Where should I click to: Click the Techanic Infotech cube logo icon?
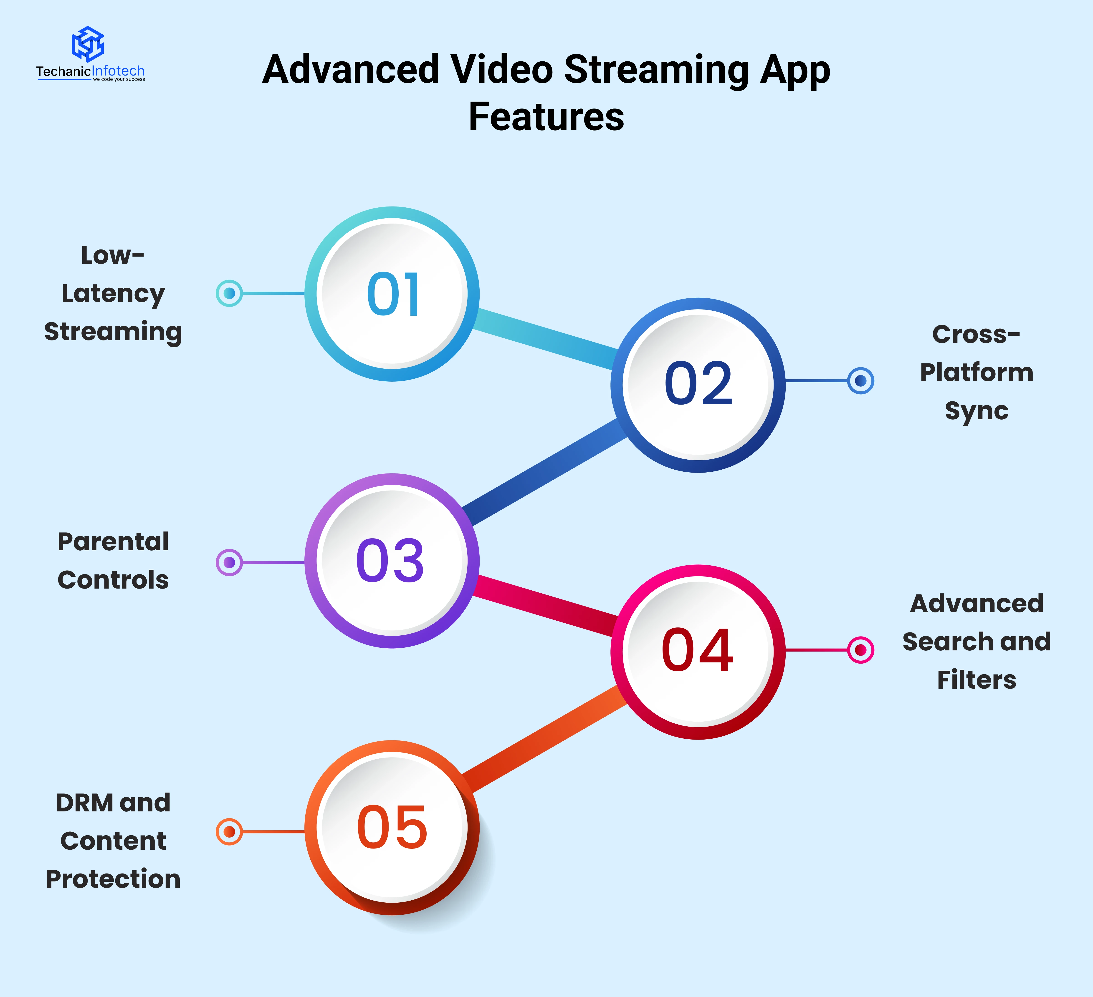pyautogui.click(x=88, y=44)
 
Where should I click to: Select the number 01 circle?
pyautogui.click(x=392, y=294)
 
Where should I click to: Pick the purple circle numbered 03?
pyautogui.click(x=392, y=561)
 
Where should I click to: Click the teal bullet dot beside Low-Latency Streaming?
pyautogui.click(x=229, y=293)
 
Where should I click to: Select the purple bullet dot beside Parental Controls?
pyautogui.click(x=229, y=562)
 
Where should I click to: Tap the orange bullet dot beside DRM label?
pyautogui.click(x=229, y=831)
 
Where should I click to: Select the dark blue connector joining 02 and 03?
pyautogui.click(x=545, y=473)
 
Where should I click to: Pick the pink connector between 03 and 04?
pyautogui.click(x=545, y=606)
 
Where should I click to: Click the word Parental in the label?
pyautogui.click(x=113, y=542)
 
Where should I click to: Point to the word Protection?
pyautogui.click(x=113, y=879)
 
